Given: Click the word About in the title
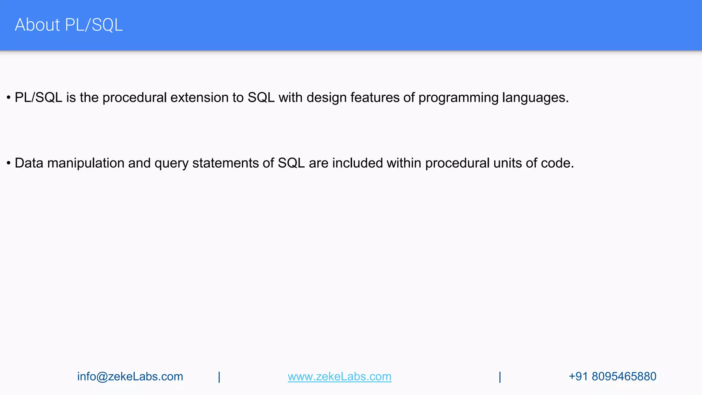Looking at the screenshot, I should pos(37,25).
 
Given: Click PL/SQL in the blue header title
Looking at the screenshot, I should pos(94,25).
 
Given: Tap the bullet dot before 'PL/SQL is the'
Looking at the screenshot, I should pos(9,98).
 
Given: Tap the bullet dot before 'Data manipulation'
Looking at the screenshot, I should pos(9,163).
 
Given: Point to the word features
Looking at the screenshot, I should pos(375,98).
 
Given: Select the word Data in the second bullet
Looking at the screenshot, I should pos(29,163).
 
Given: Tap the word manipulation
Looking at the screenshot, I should pos(86,164).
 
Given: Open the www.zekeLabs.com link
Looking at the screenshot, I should pos(339,376).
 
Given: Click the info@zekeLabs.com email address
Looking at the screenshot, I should pos(130,376).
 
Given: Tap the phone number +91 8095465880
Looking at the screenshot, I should pos(612,376).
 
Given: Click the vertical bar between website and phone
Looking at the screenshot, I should pos(500,377).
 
